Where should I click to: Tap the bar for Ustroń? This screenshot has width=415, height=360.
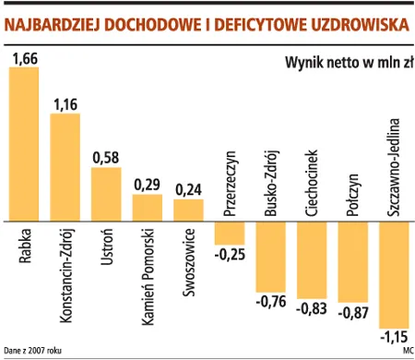106,194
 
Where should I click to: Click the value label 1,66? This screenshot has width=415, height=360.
24,59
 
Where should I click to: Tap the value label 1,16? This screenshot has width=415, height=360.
65,105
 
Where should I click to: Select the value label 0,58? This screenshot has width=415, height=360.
107,158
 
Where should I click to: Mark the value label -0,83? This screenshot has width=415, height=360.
313,309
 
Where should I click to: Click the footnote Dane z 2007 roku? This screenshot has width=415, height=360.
33,350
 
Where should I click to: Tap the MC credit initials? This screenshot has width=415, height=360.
408,350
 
